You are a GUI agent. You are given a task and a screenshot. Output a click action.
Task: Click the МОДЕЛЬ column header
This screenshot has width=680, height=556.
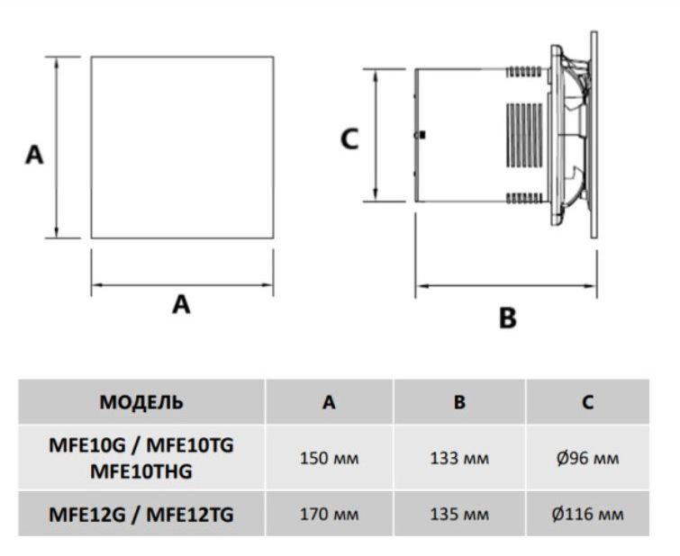pos(141,401)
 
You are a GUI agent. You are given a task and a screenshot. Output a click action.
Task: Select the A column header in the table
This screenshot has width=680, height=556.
pos(330,402)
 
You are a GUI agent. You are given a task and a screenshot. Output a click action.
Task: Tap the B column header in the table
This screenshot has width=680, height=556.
pos(459,402)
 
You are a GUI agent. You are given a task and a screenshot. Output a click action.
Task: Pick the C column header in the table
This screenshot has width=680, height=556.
pos(587,402)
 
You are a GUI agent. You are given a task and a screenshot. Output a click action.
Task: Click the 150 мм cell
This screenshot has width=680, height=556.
pos(330,458)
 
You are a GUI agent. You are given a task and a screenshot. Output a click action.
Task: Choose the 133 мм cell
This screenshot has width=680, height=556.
pos(459,458)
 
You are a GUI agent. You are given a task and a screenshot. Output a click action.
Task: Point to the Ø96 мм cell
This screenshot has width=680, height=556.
pos(587,458)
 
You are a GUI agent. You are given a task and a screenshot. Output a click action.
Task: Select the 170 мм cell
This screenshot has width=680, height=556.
pos(330,515)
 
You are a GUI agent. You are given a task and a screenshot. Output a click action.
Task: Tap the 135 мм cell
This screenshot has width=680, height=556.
pos(459,515)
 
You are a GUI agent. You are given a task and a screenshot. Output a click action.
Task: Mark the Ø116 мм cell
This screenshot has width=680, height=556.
pos(587,515)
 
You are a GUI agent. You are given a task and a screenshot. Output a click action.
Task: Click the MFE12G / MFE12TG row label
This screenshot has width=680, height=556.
pos(141,515)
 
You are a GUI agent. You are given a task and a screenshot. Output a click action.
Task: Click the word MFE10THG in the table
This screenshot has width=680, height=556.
pos(141,470)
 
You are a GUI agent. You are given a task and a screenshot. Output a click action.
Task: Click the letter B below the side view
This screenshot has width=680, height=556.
pos(508,318)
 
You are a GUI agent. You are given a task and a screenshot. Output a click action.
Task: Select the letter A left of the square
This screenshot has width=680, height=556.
pos(33,155)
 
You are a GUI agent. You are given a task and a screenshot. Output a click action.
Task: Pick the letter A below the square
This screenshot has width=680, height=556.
pos(182,305)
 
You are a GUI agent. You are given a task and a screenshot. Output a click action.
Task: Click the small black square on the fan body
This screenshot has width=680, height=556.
pos(422,135)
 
